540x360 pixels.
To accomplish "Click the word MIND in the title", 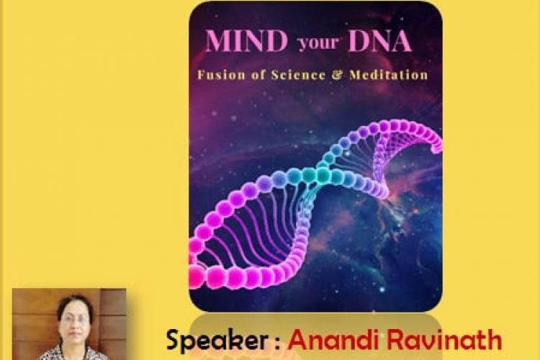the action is click(x=246, y=41).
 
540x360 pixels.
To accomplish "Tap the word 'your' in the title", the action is click(x=318, y=43).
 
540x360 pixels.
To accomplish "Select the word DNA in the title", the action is click(x=379, y=41).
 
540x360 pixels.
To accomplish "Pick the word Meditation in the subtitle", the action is click(x=388, y=75).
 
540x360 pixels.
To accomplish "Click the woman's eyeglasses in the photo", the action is click(x=73, y=319).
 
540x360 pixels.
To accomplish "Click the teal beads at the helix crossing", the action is click(x=315, y=174).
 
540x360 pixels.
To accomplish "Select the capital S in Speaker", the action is click(x=175, y=340).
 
